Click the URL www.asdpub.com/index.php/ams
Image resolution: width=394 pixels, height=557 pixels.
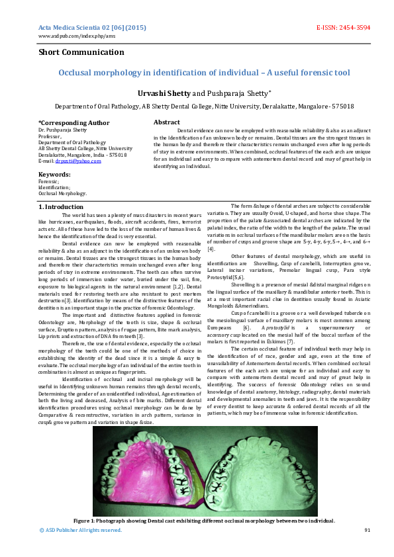[68, 36]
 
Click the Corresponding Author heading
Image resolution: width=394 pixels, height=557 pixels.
[74, 122]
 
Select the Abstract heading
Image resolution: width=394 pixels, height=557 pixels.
[166, 122]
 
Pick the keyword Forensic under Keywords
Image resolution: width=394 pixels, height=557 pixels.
[48, 181]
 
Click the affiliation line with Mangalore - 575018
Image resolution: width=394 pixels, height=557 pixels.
[203, 106]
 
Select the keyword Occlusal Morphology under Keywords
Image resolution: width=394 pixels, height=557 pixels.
[62, 193]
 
